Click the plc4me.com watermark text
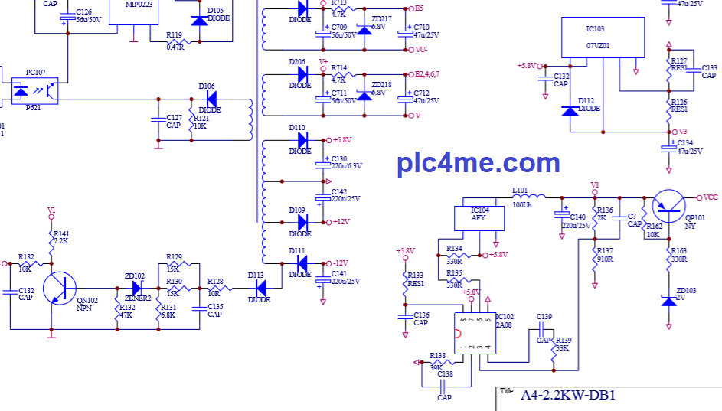pos(478,163)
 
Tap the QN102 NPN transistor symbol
pos(60,287)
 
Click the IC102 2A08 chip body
pos(472,333)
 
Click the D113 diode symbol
pos(261,288)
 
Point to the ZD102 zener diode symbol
pos(139,288)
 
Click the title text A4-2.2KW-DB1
pos(568,396)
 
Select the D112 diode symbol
pos(569,111)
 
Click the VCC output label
pos(711,197)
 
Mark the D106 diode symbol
pos(211,99)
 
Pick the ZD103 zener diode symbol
pos(669,302)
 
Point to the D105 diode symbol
pos(199,20)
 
